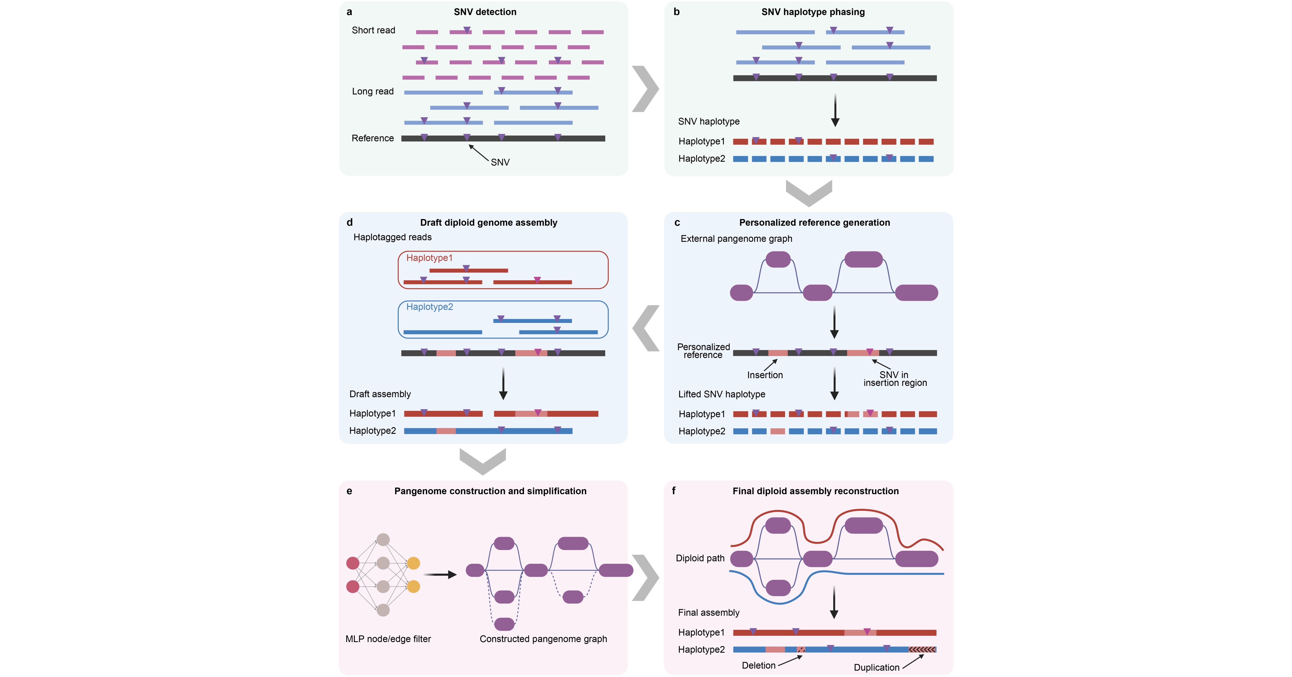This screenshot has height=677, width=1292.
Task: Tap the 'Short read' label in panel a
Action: tap(373, 30)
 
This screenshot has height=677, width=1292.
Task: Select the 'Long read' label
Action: tap(373, 91)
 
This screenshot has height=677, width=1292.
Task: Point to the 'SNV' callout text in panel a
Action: tap(500, 162)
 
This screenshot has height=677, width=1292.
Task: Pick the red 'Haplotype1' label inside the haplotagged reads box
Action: tap(429, 258)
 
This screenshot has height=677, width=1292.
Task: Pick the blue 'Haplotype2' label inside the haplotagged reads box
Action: tap(429, 307)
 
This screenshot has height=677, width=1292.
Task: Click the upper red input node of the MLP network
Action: tap(353, 563)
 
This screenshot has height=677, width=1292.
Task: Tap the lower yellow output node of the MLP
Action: tap(413, 586)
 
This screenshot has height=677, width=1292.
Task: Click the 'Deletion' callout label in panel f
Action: tap(758, 665)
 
